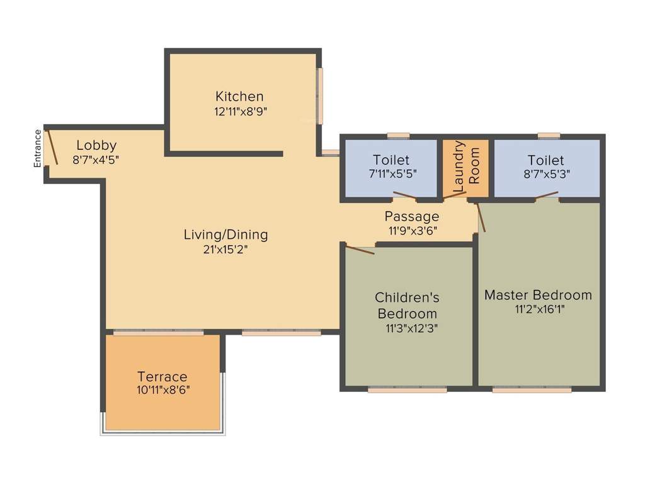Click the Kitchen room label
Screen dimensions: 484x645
click(x=239, y=96)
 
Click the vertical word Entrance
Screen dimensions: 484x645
click(x=37, y=148)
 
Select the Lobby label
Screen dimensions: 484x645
click(x=96, y=146)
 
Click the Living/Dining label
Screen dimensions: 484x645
click(x=225, y=234)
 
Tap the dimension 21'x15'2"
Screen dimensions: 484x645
click(x=225, y=249)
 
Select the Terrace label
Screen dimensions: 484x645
click(x=163, y=376)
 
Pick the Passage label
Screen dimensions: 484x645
click(x=412, y=216)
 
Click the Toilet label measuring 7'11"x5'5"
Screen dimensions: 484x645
click(x=391, y=160)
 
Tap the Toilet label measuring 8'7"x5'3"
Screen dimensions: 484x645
click(x=546, y=160)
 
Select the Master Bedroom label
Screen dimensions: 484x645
click(x=538, y=294)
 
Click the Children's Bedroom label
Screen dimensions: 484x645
click(x=407, y=305)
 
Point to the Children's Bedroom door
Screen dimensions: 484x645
click(x=360, y=250)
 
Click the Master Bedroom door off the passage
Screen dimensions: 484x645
click(x=481, y=217)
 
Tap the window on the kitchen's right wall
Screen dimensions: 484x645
click(x=320, y=96)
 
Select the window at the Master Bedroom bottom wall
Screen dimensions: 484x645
click(x=532, y=389)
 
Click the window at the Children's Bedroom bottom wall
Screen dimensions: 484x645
click(x=407, y=389)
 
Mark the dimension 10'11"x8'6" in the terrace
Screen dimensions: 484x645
click(x=163, y=389)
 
